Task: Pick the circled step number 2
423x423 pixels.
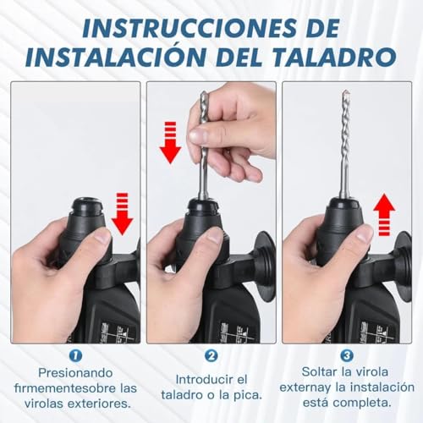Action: pyautogui.click(x=211, y=356)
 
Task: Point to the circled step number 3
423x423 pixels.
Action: pyautogui.click(x=348, y=356)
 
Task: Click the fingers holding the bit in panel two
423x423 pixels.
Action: pyautogui.click(x=222, y=127)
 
